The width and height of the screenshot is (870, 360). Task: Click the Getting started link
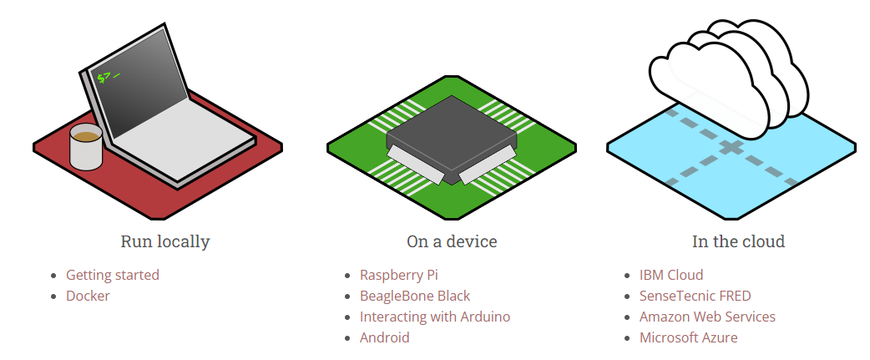(x=113, y=275)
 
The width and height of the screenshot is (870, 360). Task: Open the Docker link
(x=88, y=296)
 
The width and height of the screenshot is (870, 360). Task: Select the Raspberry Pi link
(x=399, y=275)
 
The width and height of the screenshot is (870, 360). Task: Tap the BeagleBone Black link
(x=415, y=296)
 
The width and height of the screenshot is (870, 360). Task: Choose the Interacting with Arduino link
(x=435, y=317)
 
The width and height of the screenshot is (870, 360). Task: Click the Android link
(x=385, y=337)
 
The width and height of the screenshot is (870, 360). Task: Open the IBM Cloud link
(x=671, y=275)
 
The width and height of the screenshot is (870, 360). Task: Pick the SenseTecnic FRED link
(x=695, y=296)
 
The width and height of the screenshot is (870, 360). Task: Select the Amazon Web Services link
(x=707, y=317)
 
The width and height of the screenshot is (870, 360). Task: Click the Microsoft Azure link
(x=689, y=337)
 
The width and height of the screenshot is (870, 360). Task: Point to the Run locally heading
(x=165, y=242)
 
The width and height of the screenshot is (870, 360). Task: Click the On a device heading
(x=452, y=242)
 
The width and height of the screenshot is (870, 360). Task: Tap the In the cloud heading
(x=738, y=242)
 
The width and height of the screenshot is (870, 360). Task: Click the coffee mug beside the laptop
(x=85, y=147)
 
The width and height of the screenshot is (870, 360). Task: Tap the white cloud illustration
(x=726, y=75)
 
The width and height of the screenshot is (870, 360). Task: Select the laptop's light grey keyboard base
(x=192, y=129)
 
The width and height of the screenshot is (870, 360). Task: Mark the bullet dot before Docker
(x=54, y=297)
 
